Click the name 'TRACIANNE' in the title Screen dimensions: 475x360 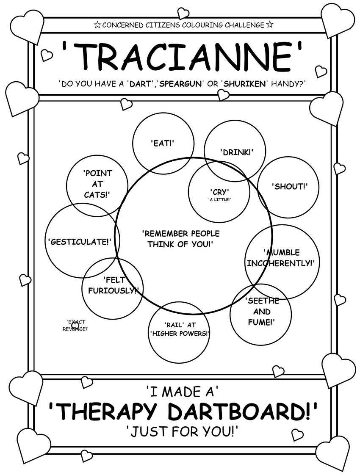pos(182,57)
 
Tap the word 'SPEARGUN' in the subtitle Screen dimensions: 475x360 pos(178,83)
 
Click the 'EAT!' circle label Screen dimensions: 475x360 pos(163,143)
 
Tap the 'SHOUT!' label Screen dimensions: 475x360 pos(289,186)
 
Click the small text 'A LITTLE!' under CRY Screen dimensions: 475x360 pos(219,199)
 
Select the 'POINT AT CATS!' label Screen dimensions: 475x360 pos(97,184)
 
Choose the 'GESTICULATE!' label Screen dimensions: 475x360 pos(80,242)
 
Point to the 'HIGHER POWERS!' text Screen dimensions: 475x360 pos(180,333)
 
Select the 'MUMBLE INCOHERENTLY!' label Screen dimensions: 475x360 pos(281,258)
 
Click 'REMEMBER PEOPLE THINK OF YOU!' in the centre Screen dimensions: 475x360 pos(180,239)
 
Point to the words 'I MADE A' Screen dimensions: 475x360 pos(182,392)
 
